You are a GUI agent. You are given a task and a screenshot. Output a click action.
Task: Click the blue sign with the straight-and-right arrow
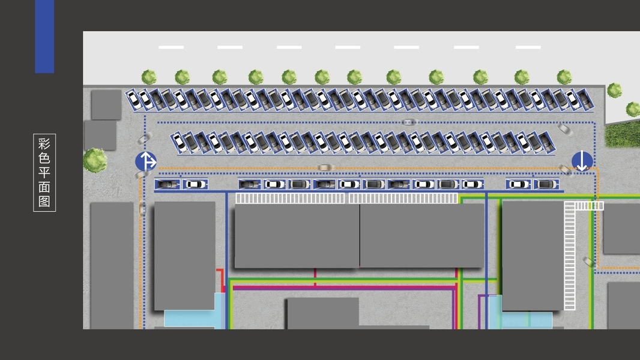point(146,161)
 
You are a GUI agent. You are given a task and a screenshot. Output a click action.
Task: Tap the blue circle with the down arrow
point(582,161)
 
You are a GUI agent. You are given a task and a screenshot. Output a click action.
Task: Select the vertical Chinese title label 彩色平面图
point(44,172)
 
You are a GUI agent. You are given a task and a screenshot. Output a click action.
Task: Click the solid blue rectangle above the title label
point(44,36)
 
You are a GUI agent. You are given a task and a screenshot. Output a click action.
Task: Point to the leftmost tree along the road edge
point(148,77)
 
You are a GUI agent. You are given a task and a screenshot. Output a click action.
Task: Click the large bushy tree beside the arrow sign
point(95,160)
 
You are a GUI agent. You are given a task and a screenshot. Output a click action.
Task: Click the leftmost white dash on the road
point(171,47)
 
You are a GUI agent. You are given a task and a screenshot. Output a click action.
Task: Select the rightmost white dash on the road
point(528,47)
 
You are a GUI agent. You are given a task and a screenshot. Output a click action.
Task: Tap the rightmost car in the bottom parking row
point(546,184)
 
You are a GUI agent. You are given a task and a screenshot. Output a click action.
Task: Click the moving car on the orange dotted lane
point(324,167)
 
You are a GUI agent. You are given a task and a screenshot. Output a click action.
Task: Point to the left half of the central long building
point(297,235)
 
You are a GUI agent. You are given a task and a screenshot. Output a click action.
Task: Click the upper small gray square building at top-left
point(106,104)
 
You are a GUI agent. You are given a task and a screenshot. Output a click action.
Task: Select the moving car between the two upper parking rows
point(408,122)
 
